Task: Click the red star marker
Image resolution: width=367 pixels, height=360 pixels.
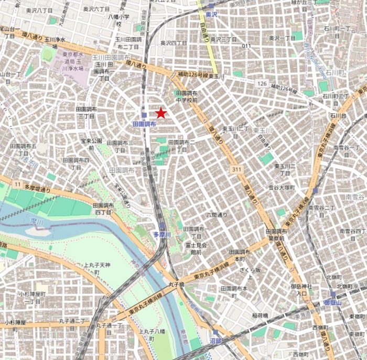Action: click(161, 113)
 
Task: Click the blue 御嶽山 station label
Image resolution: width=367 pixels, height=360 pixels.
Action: click(332, 303)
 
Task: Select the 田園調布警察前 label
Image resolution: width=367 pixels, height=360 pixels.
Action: click(276, 234)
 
